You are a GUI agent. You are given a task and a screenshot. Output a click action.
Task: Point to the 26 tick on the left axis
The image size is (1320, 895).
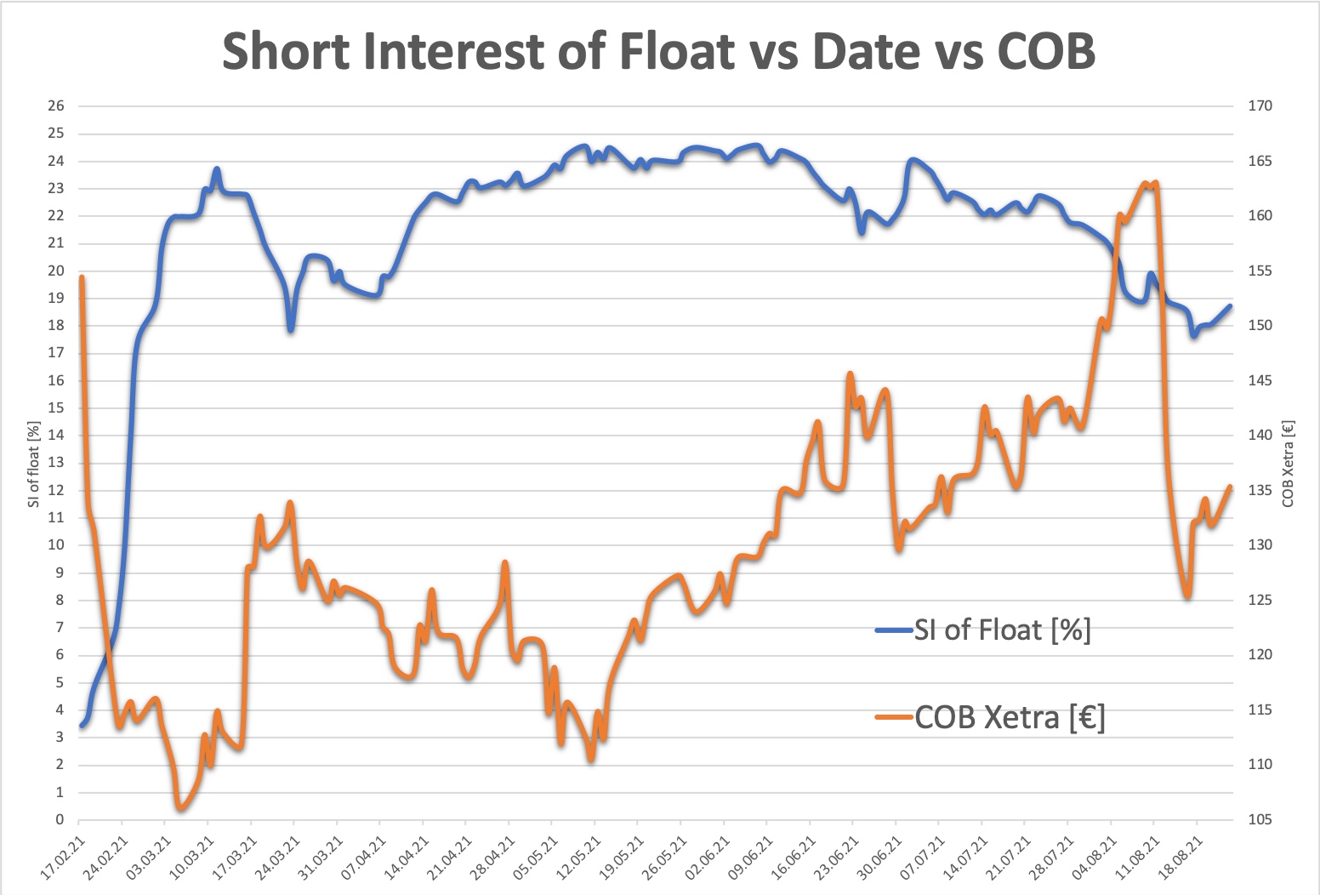click(x=56, y=106)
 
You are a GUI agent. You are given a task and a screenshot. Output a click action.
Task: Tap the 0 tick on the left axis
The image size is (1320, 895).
click(x=60, y=820)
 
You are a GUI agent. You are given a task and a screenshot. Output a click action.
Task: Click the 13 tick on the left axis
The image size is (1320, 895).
click(x=56, y=463)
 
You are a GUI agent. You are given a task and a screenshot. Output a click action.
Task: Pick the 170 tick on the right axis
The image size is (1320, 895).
click(x=1260, y=106)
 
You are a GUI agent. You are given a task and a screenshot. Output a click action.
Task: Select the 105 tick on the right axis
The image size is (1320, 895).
click(x=1260, y=820)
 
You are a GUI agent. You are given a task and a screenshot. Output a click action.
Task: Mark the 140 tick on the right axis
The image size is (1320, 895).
click(x=1260, y=436)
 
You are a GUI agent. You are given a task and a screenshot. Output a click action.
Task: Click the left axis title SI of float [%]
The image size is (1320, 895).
click(x=33, y=464)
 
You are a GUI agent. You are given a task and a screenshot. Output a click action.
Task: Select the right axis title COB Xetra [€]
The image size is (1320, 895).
click(x=1288, y=464)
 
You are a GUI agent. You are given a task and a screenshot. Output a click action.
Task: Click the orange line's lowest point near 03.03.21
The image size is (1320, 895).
click(x=179, y=807)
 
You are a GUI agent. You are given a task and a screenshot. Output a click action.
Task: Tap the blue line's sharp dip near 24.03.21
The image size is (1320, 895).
click(x=291, y=329)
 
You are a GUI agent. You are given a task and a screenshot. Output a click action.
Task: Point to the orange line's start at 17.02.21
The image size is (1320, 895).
click(x=82, y=277)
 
